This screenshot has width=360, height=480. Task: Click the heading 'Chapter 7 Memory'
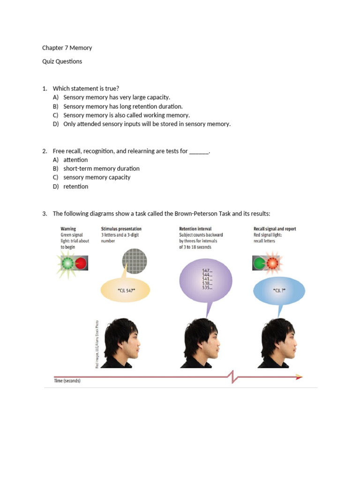pyautogui.click(x=67, y=48)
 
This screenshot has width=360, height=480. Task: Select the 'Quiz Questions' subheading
pyautogui.click(x=62, y=61)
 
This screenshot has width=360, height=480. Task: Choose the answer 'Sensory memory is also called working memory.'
pyautogui.click(x=127, y=115)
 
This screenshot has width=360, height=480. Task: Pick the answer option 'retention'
pyautogui.click(x=75, y=187)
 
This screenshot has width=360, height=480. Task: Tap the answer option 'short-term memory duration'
pyautogui.click(x=101, y=169)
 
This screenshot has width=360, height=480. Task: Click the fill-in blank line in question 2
pyautogui.click(x=199, y=152)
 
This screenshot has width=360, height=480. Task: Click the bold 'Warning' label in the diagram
pyautogui.click(x=68, y=229)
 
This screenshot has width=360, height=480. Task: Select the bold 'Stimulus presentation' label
pyautogui.click(x=121, y=229)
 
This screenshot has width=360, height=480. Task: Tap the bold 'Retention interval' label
pyautogui.click(x=195, y=229)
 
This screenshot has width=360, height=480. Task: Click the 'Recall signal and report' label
pyautogui.click(x=275, y=229)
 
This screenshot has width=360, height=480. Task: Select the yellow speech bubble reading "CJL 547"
pyautogui.click(x=125, y=291)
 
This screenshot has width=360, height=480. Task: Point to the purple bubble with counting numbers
pyautogui.click(x=206, y=280)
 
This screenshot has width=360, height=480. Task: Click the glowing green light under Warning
pyautogui.click(x=67, y=263)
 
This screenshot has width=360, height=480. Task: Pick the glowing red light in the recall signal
pyautogui.click(x=272, y=263)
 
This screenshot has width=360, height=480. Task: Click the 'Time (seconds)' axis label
pyautogui.click(x=67, y=381)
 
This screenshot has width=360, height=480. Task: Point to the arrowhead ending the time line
pyautogui.click(x=299, y=376)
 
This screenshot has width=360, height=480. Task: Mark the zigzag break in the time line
pyautogui.click(x=232, y=376)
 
